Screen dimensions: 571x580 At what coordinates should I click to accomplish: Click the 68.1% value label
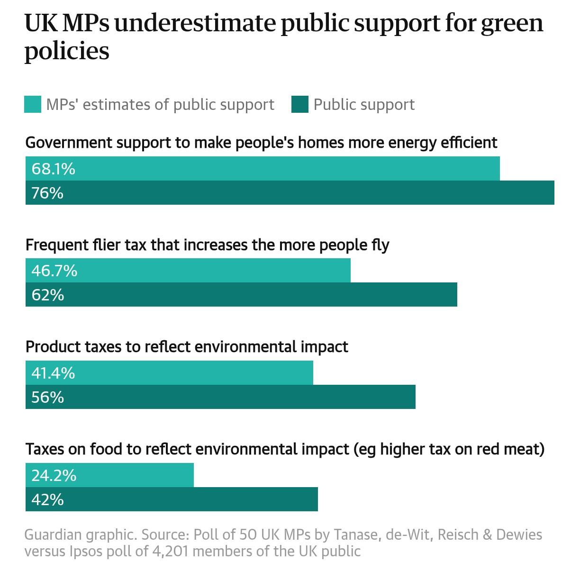[x=53, y=169]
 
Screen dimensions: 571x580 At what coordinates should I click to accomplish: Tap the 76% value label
[x=47, y=193]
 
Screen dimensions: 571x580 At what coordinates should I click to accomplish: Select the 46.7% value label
[x=54, y=271]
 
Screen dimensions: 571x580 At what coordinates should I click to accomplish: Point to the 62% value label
[x=47, y=295]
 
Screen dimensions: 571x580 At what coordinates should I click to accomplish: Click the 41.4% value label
[x=53, y=373]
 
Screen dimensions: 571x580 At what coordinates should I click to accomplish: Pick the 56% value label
[x=47, y=397]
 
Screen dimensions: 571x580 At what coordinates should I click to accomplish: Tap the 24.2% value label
[x=54, y=475]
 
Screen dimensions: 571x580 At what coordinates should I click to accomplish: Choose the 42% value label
[x=47, y=499]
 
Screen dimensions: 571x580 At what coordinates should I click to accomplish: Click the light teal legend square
[x=33, y=104]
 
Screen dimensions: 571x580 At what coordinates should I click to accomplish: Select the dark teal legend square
[x=300, y=104]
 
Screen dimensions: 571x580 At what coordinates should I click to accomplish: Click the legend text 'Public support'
[x=364, y=104]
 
